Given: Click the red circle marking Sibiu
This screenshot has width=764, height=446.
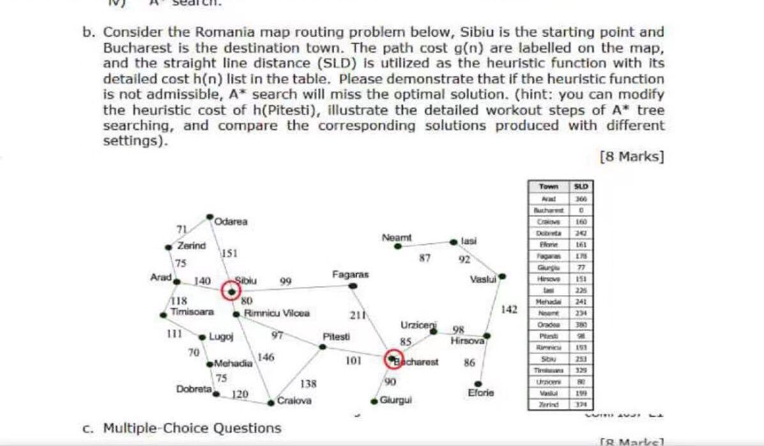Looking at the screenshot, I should pos(231,291).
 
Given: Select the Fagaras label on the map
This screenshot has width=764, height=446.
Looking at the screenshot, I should pos(350,275).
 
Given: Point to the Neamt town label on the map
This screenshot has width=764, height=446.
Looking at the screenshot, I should pos(397,237).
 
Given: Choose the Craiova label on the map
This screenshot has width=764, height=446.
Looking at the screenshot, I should pos(294,401).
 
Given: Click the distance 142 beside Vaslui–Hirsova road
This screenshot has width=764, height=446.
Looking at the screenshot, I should pos(509,309).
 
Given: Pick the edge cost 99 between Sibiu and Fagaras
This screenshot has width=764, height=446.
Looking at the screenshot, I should pos(286,281).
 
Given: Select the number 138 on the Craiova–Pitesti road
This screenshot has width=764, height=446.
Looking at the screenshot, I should pos(309,383).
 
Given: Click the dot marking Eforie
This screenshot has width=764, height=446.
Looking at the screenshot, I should pos(477,383).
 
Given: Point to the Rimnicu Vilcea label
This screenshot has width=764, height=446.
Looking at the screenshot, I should pos(278,313).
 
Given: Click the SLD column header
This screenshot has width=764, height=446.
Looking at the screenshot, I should pos(582,187).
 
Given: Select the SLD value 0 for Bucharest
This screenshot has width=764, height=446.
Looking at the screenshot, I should pos(582,208).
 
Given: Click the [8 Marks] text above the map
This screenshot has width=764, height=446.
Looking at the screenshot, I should pos(630,157).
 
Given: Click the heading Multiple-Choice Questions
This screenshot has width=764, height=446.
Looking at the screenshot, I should pos(192,427).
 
